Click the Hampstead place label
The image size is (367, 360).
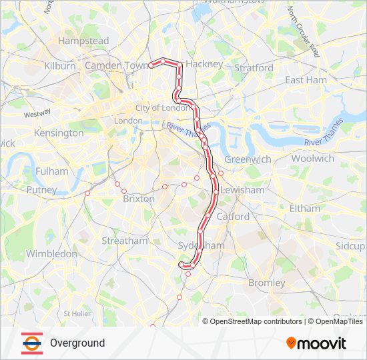coord(83,41)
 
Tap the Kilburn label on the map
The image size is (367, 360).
coord(60,66)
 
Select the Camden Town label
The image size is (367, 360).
coord(116,65)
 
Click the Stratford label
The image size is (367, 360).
coord(254,67)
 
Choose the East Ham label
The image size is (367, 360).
coord(306,79)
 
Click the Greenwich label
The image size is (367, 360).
coord(248,159)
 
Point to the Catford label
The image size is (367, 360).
coord(233,217)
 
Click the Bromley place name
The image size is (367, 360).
coord(266,283)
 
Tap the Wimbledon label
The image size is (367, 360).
coord(51,253)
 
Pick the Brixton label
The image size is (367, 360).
coord(139,199)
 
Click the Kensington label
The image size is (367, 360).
coord(59,133)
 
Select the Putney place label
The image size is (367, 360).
coord(41,190)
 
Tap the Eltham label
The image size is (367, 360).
coord(305,208)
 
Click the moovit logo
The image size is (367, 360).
coord(316,343)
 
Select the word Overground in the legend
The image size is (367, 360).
coord(77,343)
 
